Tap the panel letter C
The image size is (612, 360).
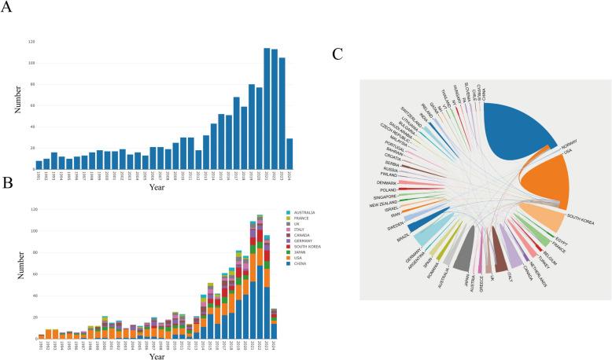coord(337,54)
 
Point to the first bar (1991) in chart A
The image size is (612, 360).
coord(39,165)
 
